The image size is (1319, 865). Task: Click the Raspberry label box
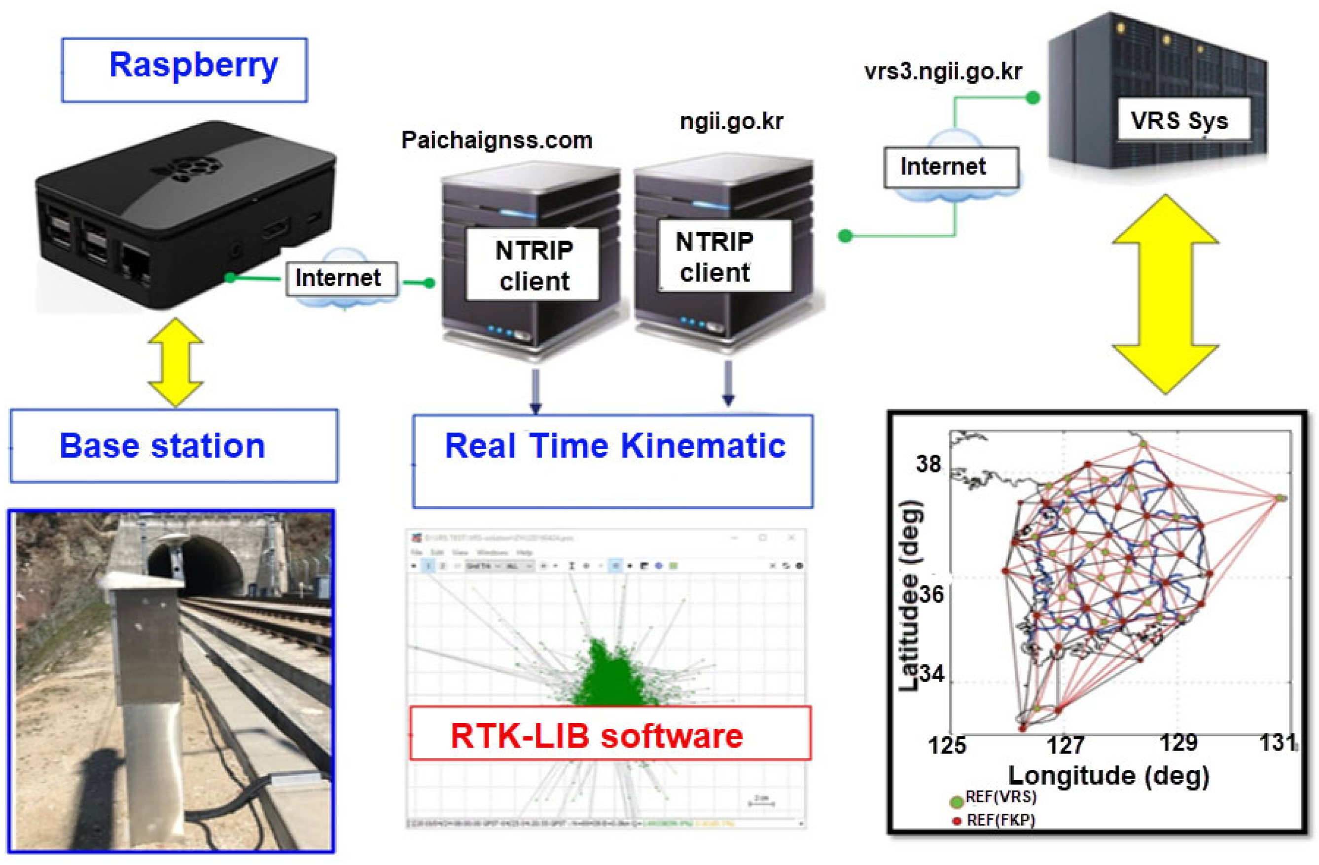(184, 70)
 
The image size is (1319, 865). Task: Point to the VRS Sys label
(1179, 120)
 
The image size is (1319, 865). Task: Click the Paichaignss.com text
(497, 140)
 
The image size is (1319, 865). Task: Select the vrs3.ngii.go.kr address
(943, 72)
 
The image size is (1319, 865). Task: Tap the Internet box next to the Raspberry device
(340, 278)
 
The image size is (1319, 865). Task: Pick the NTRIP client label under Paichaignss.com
(533, 265)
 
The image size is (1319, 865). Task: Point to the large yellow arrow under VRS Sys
(1165, 294)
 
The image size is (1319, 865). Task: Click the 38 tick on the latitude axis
(928, 464)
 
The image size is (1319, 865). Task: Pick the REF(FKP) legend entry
(995, 820)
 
